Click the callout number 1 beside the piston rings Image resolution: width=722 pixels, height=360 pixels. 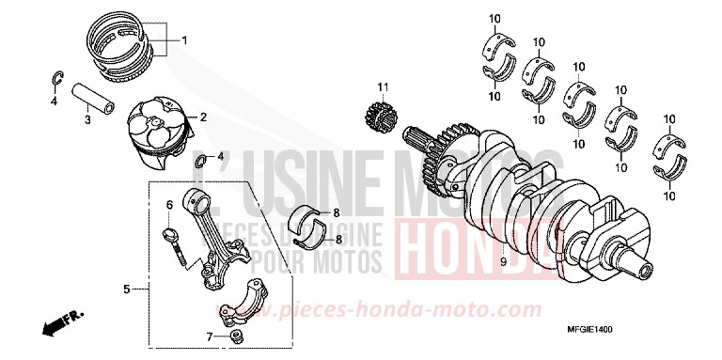coord(185,39)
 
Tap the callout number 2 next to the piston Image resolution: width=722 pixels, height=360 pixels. coord(202,117)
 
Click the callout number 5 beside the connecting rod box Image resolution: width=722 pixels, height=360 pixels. coord(126,290)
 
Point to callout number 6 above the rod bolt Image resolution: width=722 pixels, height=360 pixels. coord(170,204)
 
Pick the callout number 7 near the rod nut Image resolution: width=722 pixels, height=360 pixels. coord(209,336)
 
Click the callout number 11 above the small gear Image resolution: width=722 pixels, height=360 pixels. coord(383,87)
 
